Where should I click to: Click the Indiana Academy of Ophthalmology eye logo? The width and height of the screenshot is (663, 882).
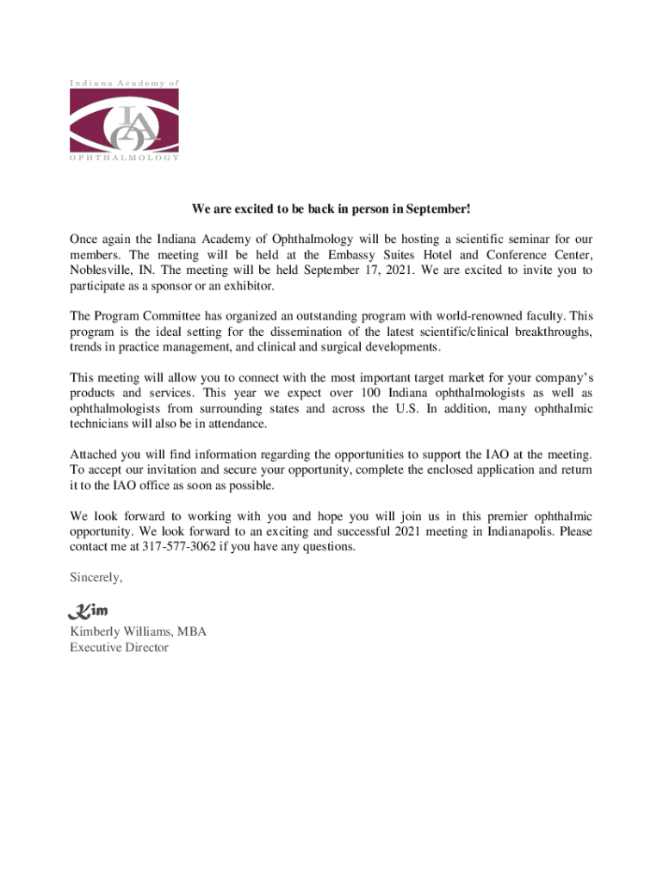tap(125, 121)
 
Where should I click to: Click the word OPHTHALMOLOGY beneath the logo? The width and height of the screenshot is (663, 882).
tap(125, 158)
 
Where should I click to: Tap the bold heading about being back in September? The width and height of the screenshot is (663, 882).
tap(331, 209)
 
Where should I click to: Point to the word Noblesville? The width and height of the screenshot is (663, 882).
tap(98, 270)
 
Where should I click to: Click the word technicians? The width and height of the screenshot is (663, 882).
tap(102, 424)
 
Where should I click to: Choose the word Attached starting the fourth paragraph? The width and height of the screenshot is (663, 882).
tap(96, 454)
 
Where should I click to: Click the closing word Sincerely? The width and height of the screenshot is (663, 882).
tap(96, 577)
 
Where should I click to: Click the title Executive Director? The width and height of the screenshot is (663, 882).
tap(119, 648)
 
